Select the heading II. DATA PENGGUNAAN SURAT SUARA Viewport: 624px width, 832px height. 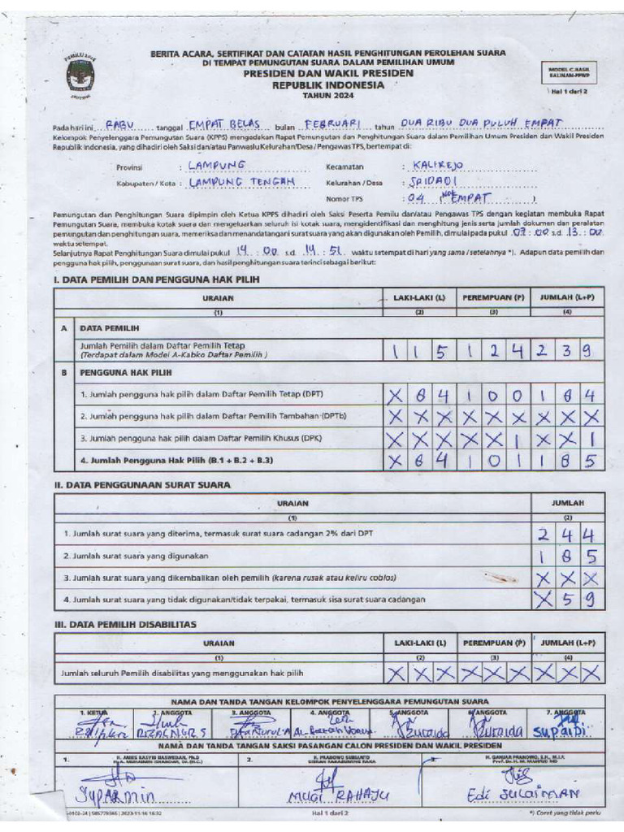tap(141, 484)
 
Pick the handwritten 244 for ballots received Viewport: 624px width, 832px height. tap(567, 535)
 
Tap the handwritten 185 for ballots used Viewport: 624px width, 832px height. tap(567, 557)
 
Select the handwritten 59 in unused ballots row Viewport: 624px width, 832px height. tap(577, 600)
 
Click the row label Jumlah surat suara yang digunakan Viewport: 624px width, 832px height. tap(136, 556)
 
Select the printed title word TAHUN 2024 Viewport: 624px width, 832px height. tap(323, 95)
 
